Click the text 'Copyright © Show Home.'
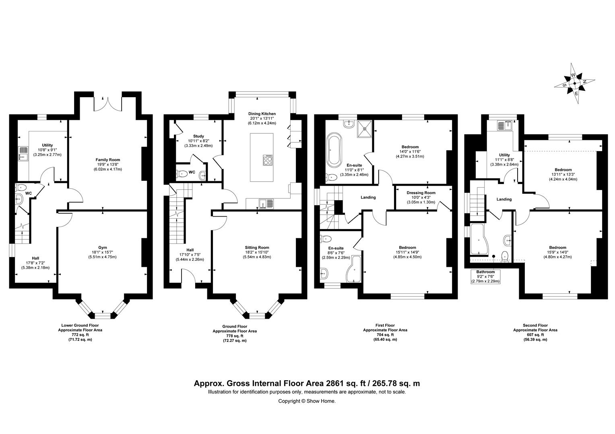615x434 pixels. (307, 401)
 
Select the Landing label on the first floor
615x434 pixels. (368, 197)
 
